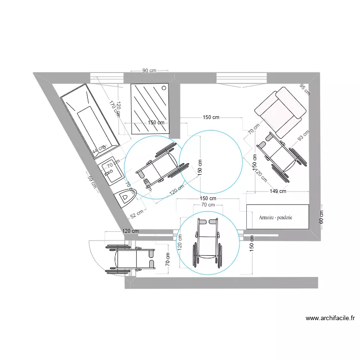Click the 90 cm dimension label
(x=149, y=71)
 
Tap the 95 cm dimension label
(x=304, y=89)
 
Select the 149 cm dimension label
(x=277, y=191)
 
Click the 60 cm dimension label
(x=321, y=217)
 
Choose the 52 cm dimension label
(x=137, y=213)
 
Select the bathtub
(x=89, y=120)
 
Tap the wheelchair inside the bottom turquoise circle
(x=208, y=242)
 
